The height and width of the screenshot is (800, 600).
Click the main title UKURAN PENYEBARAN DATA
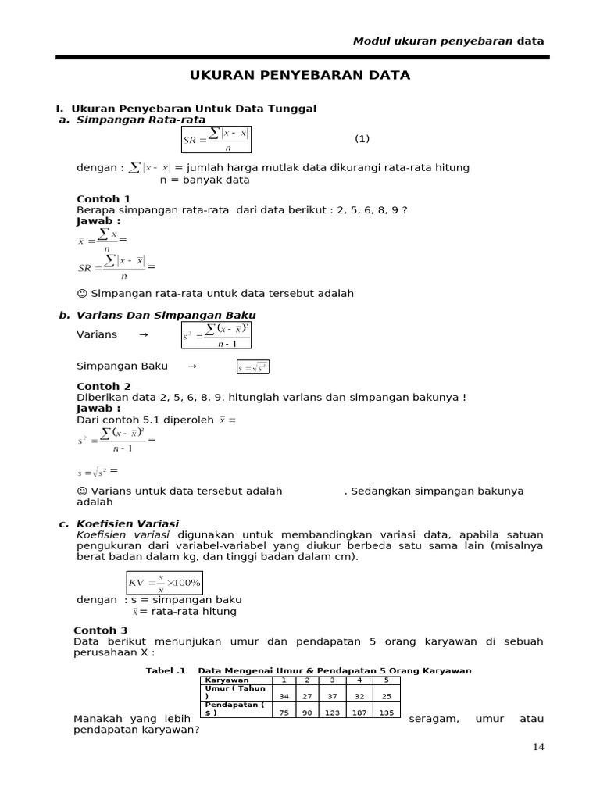coord(301,75)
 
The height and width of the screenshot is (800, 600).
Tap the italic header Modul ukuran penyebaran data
coord(448,41)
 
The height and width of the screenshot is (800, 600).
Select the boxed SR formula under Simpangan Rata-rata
coord(216,139)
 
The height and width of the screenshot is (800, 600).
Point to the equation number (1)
coord(362,138)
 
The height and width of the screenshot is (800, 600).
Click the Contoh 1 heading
coord(104,199)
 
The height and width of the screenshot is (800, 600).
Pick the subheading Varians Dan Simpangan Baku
coord(166,315)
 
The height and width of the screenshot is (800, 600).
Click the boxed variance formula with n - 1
coord(216,335)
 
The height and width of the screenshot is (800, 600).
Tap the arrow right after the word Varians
coord(143,334)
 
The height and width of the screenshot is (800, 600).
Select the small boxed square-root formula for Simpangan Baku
coord(253,367)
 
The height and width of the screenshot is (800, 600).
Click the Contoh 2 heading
coord(104,386)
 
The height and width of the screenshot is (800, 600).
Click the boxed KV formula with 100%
coord(165,583)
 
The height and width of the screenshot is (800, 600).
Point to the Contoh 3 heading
coord(101,630)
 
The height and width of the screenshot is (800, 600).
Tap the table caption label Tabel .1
coord(166,671)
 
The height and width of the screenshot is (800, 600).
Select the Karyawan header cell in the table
coord(227,680)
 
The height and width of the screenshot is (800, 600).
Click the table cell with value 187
coord(359,712)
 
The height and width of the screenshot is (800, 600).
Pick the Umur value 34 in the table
coord(284,697)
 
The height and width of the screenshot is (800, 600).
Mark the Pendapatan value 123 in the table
coord(334,712)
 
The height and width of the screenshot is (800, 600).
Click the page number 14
coord(538,746)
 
